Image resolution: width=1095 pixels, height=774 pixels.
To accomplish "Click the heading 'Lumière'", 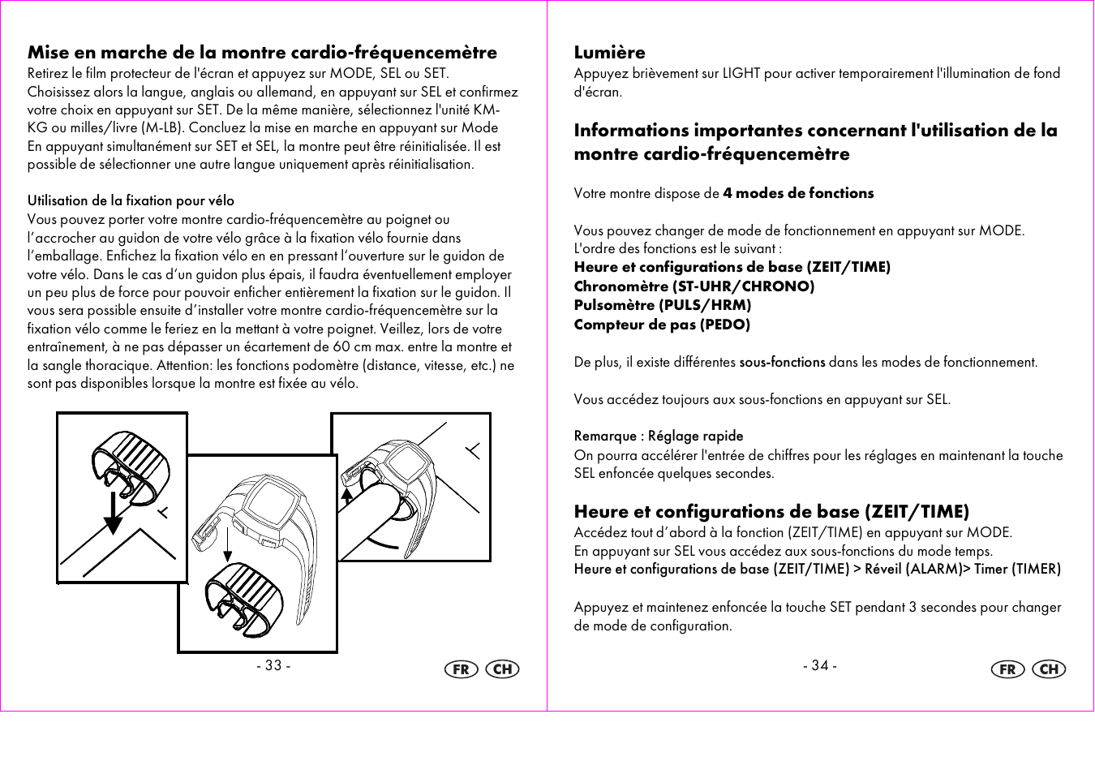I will tap(609, 53).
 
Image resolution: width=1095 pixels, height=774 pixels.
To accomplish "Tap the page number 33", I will tap(273, 665).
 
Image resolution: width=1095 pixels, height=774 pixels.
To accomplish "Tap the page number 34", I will tap(819, 665).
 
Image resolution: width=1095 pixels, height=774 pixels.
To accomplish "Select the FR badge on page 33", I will tap(462, 669).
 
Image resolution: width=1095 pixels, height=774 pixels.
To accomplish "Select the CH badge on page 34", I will tap(1049, 669).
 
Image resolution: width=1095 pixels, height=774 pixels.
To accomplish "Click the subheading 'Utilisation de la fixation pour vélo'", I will tap(131, 200).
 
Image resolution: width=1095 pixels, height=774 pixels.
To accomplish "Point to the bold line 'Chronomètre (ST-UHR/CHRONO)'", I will tap(693, 286).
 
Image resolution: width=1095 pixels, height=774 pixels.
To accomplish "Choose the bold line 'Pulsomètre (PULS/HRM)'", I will tap(662, 305).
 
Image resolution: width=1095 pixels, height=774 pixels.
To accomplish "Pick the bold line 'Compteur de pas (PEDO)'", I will tap(661, 325).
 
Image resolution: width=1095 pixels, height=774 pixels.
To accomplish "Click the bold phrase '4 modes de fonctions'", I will tap(798, 193).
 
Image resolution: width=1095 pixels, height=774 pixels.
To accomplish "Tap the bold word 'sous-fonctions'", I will tap(782, 362).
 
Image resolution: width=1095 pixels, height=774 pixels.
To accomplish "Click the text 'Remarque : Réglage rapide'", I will tap(658, 436).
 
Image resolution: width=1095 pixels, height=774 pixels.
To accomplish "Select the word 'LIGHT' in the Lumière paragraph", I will tap(741, 73).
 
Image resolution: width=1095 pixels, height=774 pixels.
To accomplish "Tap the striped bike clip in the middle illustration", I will tap(244, 598).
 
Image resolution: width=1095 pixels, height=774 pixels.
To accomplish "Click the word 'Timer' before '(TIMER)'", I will tap(990, 569).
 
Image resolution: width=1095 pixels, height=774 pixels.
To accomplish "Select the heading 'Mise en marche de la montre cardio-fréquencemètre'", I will tap(262, 53).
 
